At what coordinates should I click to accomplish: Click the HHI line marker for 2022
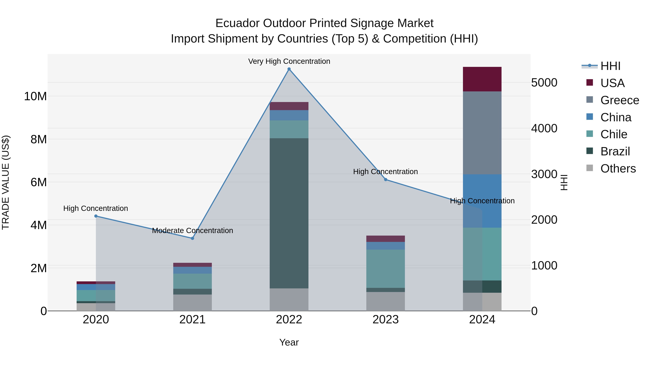click(x=289, y=69)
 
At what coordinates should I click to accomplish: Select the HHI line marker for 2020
click(x=96, y=216)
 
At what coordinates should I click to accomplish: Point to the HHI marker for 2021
click(x=193, y=238)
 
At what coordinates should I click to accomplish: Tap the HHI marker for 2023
click(x=385, y=180)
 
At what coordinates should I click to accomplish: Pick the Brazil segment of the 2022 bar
click(x=289, y=213)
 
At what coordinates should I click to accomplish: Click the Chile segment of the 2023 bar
click(x=385, y=269)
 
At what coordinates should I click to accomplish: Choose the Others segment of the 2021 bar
click(x=193, y=302)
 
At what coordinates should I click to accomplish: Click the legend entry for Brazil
click(x=615, y=151)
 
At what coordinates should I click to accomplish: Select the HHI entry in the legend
click(x=610, y=66)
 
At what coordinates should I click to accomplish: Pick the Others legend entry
click(x=618, y=169)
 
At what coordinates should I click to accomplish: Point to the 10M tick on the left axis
click(x=35, y=96)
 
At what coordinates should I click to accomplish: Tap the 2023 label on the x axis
click(x=385, y=320)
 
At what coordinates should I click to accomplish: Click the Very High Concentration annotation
click(x=289, y=61)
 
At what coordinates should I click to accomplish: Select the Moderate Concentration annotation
click(x=193, y=231)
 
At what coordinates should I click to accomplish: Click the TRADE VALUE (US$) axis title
click(x=6, y=182)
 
